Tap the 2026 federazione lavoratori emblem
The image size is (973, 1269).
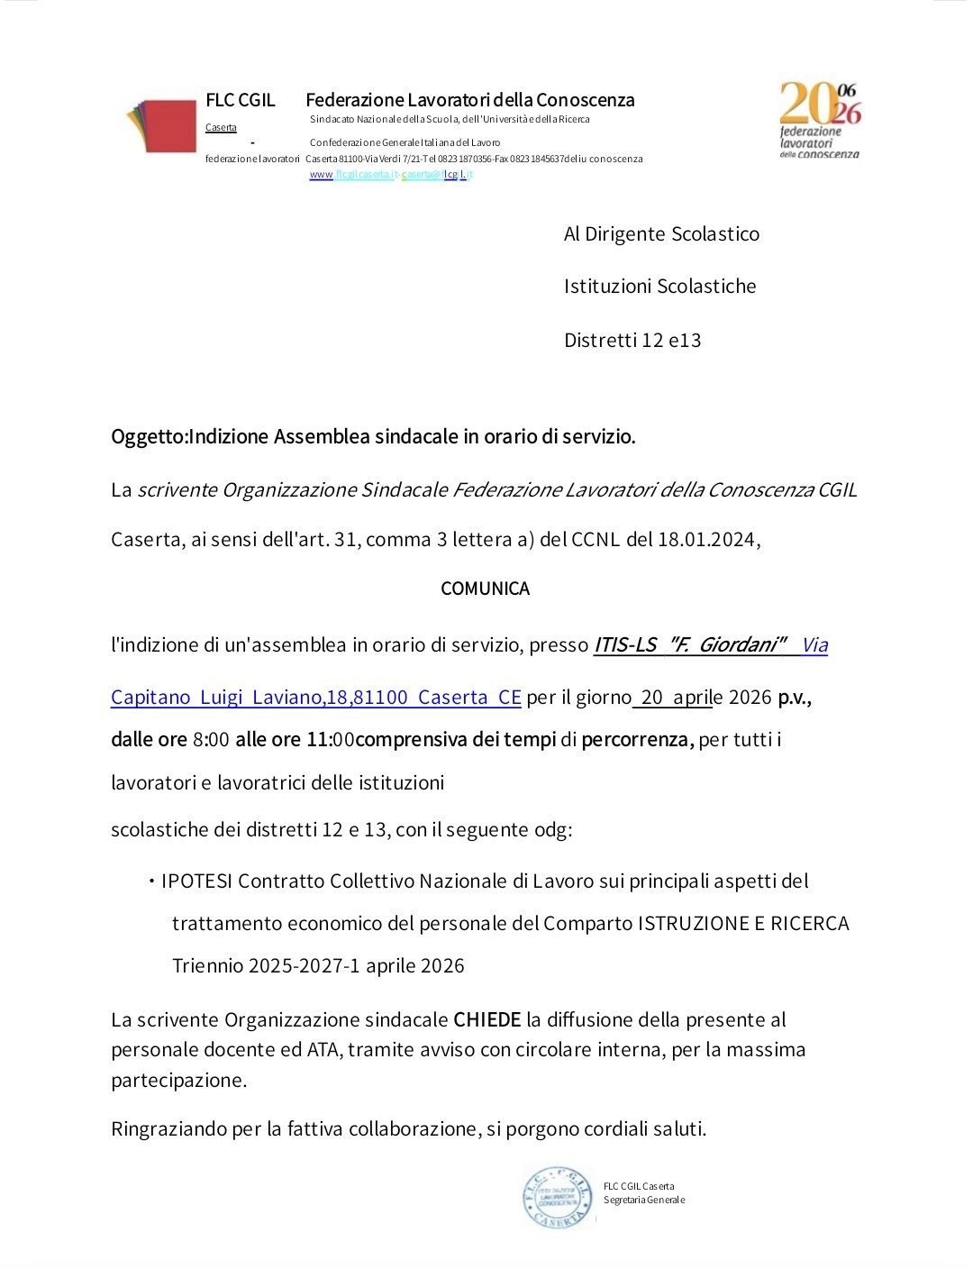(x=820, y=121)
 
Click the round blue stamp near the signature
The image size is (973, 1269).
(x=558, y=1198)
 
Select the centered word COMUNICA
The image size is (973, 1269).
(x=485, y=589)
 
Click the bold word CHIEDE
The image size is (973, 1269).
(x=486, y=1019)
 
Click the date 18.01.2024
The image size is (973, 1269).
(x=706, y=540)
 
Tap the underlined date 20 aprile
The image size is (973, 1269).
(x=677, y=698)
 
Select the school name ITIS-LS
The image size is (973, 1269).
(x=625, y=645)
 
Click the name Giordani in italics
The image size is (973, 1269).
(x=737, y=645)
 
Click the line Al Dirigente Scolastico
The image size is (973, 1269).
(x=661, y=234)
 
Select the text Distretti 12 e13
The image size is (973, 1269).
(x=632, y=341)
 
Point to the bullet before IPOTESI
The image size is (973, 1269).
(x=151, y=881)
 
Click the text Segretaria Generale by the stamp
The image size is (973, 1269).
(x=644, y=1201)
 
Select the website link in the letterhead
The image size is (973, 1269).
(x=391, y=175)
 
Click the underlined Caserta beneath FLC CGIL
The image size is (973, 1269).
(x=221, y=128)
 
